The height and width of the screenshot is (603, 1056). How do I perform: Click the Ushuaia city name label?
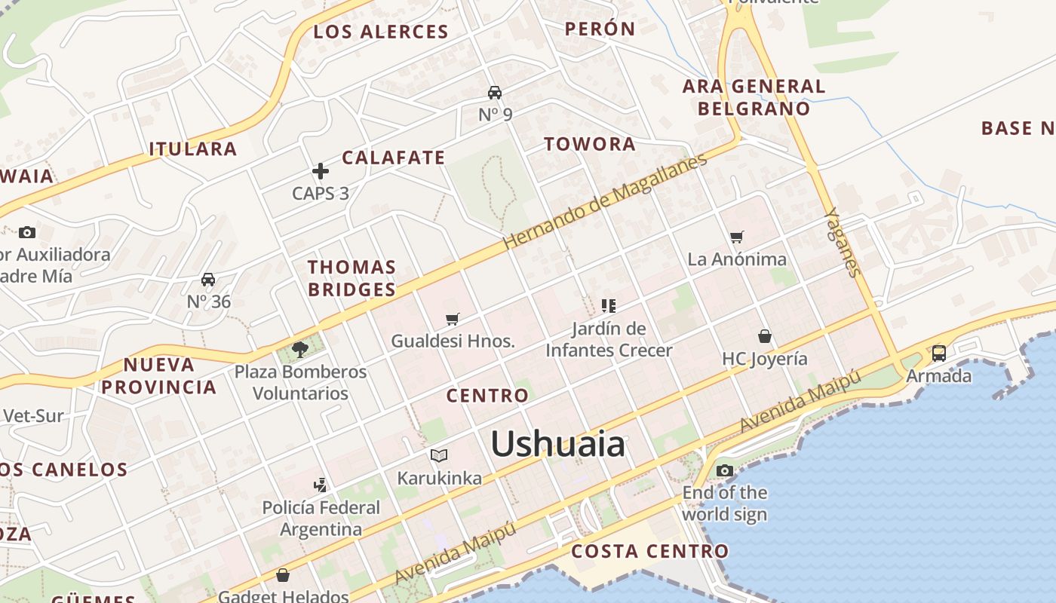(558, 444)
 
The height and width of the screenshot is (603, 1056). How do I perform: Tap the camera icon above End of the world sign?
(725, 471)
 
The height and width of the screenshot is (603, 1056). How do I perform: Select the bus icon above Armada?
(939, 353)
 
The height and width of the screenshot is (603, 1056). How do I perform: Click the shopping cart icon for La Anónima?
(737, 237)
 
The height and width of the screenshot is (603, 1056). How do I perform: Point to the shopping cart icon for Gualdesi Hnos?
(453, 320)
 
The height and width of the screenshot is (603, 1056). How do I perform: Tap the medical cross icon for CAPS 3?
(321, 172)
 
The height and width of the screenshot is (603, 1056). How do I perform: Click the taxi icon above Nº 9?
(495, 93)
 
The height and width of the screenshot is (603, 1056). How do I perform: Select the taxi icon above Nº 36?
(208, 280)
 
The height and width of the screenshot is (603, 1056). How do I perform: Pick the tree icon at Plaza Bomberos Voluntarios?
(300, 349)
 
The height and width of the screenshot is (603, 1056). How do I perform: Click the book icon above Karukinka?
(439, 455)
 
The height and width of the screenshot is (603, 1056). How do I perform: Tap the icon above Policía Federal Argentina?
(321, 485)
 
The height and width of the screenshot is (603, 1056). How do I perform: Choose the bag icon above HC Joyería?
(765, 336)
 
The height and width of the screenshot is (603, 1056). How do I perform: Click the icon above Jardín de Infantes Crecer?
(609, 306)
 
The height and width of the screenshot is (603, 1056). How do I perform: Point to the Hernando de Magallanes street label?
(606, 202)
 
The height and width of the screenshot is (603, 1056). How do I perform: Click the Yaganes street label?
(843, 242)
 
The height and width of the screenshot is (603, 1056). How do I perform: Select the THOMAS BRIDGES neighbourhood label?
(351, 278)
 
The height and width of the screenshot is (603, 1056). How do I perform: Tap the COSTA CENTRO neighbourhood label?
(649, 551)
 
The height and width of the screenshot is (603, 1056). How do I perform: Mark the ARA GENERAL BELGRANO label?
(754, 97)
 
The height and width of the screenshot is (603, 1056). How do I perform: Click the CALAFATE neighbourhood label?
(393, 158)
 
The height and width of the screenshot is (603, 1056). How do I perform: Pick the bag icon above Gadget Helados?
(283, 576)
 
